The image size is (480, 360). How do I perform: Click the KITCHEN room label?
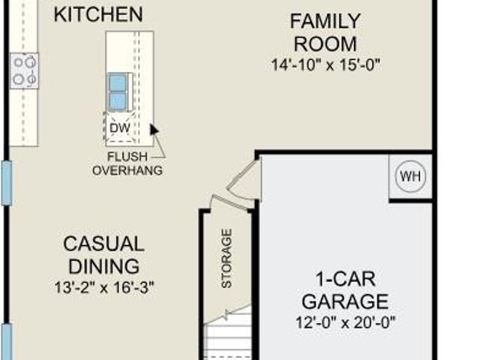click(x=98, y=14)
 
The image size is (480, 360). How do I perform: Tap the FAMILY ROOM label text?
click(x=325, y=32)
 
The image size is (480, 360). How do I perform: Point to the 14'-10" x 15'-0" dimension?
click(x=325, y=65)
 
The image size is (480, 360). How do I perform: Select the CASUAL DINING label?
click(x=103, y=255)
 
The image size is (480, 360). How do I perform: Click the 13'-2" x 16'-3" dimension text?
click(x=104, y=287)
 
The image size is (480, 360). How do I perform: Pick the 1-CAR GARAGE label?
click(x=345, y=290)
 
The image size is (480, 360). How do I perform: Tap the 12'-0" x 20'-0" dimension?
click(x=346, y=322)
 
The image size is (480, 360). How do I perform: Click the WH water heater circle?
click(x=410, y=177)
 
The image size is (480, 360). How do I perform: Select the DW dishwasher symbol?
click(x=120, y=127)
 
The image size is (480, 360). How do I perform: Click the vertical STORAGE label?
click(x=226, y=258)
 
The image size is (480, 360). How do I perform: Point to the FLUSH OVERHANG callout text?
click(x=127, y=163)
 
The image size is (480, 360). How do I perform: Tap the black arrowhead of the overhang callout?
click(x=154, y=129)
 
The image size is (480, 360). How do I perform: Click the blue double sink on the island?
click(x=118, y=91)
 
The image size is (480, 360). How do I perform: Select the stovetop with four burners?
click(x=24, y=71)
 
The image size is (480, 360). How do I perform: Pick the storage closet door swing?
click(x=232, y=202)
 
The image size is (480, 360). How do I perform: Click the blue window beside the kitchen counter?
click(x=7, y=183)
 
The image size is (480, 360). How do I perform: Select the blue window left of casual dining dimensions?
click(x=7, y=342)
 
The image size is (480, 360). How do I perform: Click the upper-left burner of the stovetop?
click(x=19, y=62)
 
